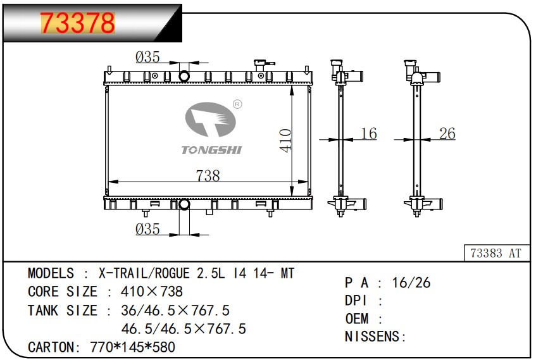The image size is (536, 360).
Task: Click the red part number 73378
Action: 78,23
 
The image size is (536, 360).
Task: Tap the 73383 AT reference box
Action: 495,253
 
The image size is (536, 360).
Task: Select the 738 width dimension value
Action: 208,176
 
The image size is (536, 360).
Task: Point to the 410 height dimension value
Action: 285,140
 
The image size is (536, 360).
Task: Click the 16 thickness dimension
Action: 368,133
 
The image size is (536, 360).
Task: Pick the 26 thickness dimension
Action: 447,133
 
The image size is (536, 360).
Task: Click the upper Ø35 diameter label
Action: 147,58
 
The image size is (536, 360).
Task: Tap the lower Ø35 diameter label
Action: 147,229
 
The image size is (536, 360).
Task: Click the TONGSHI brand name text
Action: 211,150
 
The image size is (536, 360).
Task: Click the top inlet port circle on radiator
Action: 184,77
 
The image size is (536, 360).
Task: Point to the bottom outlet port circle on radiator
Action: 184,204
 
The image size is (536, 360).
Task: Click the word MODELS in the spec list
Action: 51,273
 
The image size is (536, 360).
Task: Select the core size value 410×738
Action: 146,292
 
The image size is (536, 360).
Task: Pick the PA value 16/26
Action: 411,283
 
